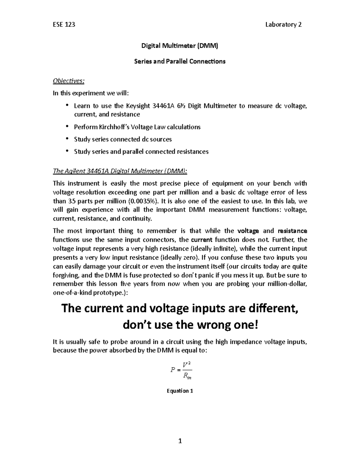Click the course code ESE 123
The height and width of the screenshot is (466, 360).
[x=64, y=25]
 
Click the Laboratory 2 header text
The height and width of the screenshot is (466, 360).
[x=283, y=25]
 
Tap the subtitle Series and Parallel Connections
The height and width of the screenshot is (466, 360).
[x=180, y=62]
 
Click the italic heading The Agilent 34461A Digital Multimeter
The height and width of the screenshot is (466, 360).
[x=120, y=171]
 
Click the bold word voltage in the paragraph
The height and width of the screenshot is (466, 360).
[x=248, y=231]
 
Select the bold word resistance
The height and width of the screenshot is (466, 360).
[x=292, y=231]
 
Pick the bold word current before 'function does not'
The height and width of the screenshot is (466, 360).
[x=202, y=240]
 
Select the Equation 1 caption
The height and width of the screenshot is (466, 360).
[x=180, y=391]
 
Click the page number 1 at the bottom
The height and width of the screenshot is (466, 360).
[x=180, y=441]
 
